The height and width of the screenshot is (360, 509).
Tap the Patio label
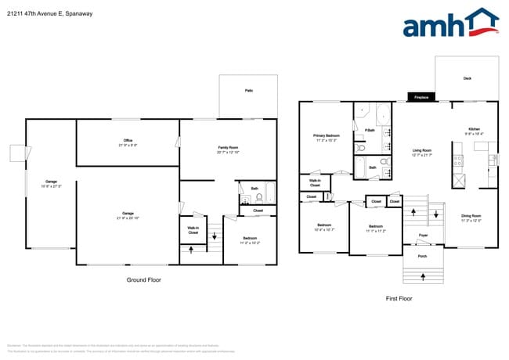click(x=249, y=91)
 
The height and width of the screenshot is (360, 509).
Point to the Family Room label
click(x=228, y=147)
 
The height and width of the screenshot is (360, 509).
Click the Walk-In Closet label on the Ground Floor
click(x=193, y=230)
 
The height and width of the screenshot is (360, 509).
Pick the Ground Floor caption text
click(x=143, y=279)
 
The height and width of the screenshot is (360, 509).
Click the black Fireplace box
click(x=421, y=98)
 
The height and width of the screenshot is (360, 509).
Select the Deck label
click(x=467, y=78)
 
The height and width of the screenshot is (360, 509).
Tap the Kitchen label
click(x=475, y=129)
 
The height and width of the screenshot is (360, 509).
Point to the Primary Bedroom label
click(x=325, y=135)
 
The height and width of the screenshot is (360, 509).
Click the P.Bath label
click(x=370, y=130)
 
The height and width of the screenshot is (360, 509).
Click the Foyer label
click(x=422, y=235)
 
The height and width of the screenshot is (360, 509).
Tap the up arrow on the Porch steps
click(x=422, y=275)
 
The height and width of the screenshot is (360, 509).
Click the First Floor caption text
click(x=399, y=298)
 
